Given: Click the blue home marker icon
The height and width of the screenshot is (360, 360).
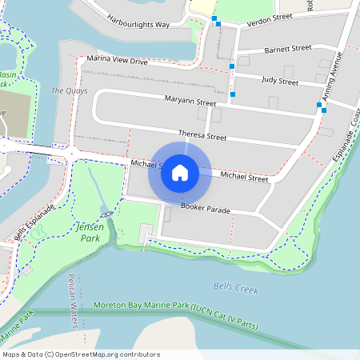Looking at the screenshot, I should [180, 172].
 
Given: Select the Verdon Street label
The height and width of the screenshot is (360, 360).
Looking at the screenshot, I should [270, 17].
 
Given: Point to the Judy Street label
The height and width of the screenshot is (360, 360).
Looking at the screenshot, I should [279, 82].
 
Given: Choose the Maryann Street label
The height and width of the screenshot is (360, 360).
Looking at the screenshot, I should [190, 103].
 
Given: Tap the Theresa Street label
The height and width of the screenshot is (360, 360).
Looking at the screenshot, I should [202, 136].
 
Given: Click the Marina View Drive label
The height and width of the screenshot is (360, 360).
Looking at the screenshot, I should [117, 60].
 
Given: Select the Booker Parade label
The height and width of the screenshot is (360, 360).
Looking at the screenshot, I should [206, 210].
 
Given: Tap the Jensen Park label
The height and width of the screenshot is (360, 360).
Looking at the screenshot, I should [86, 233].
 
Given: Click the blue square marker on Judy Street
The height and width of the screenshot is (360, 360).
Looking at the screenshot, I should [232, 66].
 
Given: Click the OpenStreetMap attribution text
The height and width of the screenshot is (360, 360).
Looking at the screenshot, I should [70, 354].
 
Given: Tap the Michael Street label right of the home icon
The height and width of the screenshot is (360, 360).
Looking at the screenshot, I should [244, 177].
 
